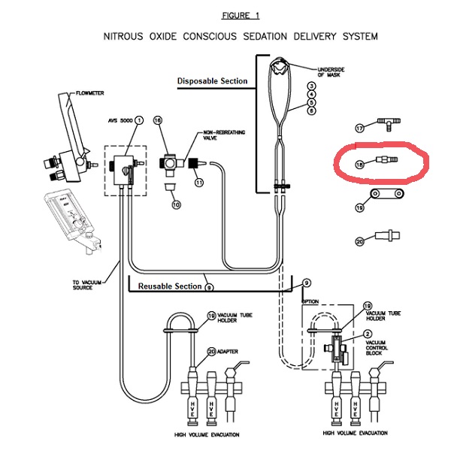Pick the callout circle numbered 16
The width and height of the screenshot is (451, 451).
(x=158, y=120)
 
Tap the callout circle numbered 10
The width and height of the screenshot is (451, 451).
(x=176, y=204)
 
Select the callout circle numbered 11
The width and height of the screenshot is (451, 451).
(x=199, y=182)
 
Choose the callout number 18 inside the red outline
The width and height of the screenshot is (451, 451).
(x=359, y=162)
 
